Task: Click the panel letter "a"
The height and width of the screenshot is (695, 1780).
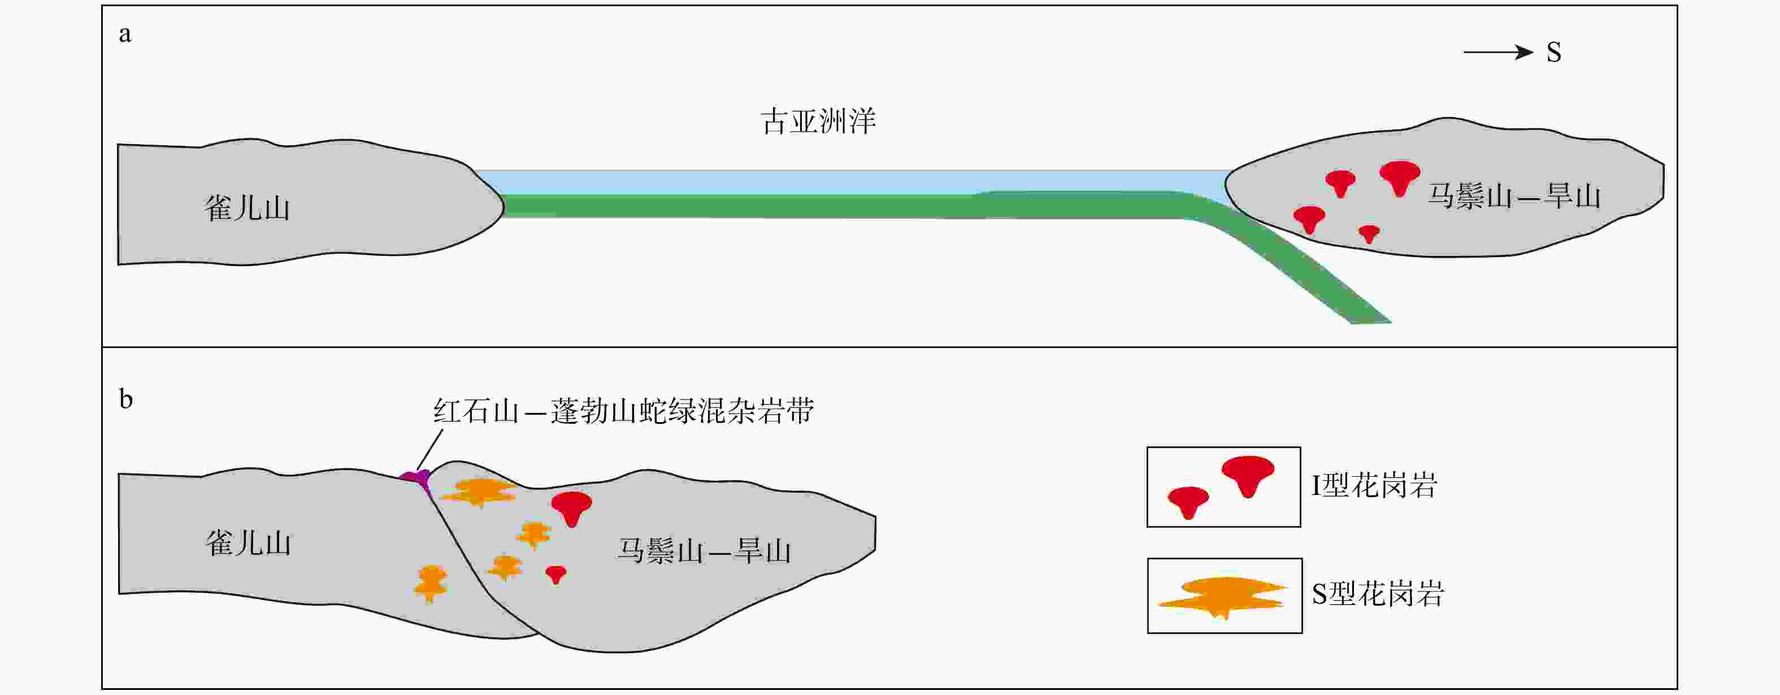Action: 125,34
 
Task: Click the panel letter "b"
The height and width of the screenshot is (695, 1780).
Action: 126,399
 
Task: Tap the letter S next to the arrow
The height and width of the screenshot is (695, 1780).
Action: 1553,53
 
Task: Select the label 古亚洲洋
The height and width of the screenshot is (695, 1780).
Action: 818,121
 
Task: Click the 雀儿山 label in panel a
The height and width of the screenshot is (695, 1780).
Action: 247,208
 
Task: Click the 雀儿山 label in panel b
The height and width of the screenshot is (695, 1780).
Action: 248,543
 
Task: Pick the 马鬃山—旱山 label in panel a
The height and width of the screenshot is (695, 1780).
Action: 1514,196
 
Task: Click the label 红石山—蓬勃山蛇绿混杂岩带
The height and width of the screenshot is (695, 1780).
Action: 623,411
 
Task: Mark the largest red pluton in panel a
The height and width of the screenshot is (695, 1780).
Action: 1400,177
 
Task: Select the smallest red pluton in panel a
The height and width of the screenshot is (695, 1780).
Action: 1369,233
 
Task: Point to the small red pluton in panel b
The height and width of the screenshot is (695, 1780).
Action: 555,574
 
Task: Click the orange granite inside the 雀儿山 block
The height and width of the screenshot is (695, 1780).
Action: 431,583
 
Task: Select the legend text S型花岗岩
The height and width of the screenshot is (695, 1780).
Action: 1378,594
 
